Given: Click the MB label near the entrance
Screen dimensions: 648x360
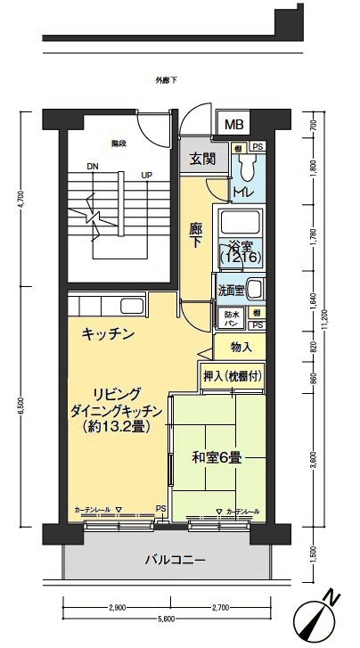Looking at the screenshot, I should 232,124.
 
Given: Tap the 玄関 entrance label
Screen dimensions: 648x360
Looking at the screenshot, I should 202,160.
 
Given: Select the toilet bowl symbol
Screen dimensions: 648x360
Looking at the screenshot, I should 249,165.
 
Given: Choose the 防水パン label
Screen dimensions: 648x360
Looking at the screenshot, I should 228,318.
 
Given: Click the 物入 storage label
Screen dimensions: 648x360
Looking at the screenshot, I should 241,346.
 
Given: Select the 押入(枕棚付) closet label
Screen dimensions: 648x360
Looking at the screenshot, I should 231,377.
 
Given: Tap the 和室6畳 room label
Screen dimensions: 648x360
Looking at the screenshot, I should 217,458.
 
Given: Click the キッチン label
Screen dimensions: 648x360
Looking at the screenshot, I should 108,334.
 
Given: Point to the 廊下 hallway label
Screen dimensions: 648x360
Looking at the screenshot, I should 197,234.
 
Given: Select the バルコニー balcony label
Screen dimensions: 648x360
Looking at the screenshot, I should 176,561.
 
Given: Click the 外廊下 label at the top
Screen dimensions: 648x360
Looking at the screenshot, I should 166,81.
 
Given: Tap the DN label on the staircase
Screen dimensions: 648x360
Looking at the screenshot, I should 92,166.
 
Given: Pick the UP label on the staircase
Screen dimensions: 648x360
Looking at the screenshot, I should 144,175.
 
